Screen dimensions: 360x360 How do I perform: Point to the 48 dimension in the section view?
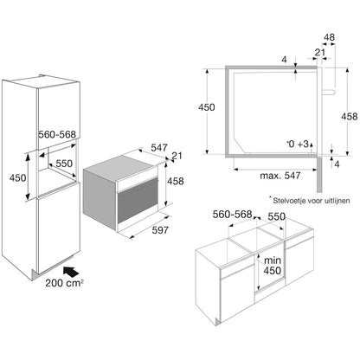click(329, 39)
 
